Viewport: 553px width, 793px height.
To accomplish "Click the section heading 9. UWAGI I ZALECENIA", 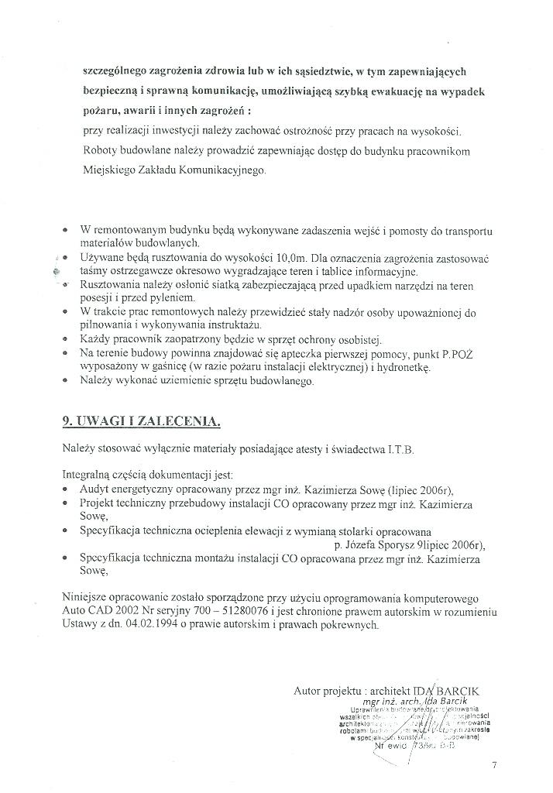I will [x=141, y=422].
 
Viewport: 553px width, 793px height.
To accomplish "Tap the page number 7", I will [x=494, y=767].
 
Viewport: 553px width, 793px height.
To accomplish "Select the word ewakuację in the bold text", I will [x=411, y=91].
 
